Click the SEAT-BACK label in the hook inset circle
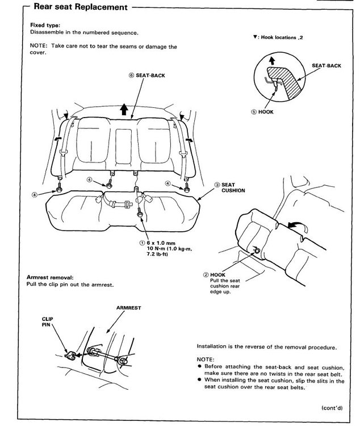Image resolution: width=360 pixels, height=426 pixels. pyautogui.click(x=326, y=66)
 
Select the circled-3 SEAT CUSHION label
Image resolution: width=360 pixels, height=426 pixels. pyautogui.click(x=229, y=188)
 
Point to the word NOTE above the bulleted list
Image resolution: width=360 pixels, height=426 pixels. pyautogui.click(x=206, y=360)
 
